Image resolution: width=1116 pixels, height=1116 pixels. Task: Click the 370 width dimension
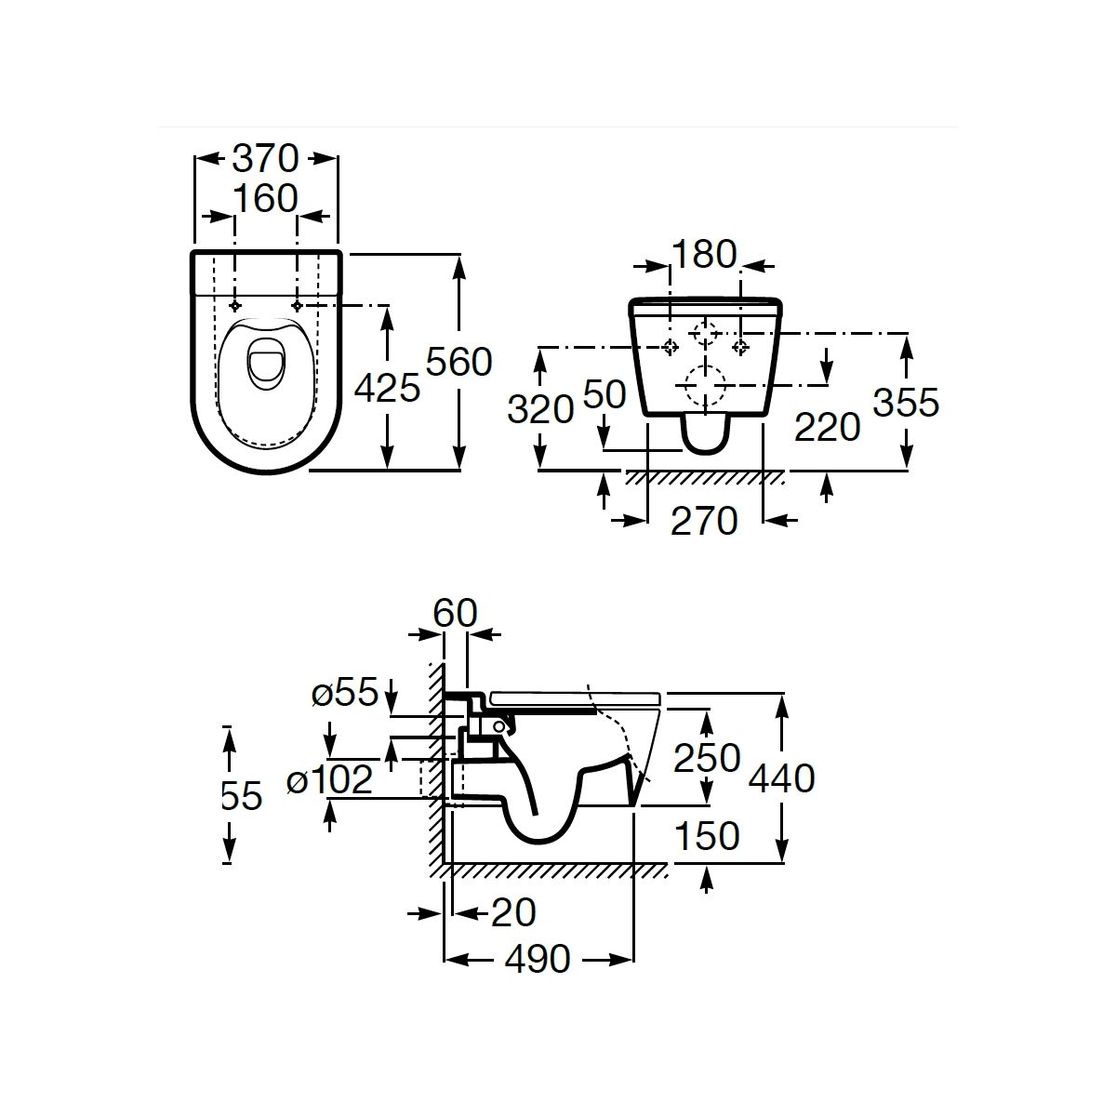click(x=265, y=159)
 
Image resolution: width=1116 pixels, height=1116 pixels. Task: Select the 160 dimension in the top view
click(x=265, y=199)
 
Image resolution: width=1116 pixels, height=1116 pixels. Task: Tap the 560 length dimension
click(x=458, y=362)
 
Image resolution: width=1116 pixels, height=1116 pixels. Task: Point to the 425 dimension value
click(x=387, y=388)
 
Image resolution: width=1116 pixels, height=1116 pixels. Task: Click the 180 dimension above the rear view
click(x=704, y=254)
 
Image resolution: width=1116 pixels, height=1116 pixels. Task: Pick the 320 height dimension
click(x=540, y=409)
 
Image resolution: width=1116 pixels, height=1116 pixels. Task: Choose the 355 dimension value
click(x=906, y=403)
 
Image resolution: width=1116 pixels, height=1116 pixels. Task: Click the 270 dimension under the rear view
click(x=704, y=521)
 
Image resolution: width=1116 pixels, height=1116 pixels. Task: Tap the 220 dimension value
click(x=827, y=428)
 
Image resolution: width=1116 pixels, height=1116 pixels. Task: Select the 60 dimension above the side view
click(x=455, y=613)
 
